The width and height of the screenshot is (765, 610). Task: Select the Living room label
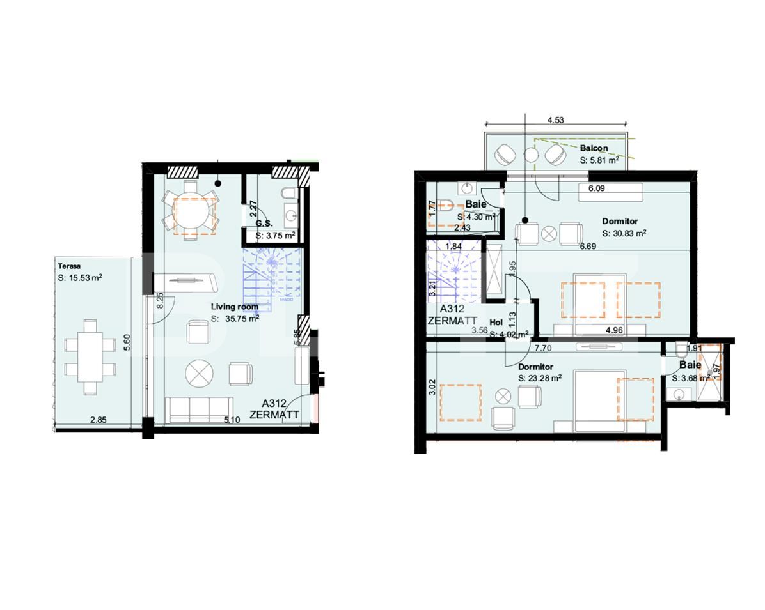pos(235,307)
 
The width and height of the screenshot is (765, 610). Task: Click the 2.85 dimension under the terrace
pos(98,420)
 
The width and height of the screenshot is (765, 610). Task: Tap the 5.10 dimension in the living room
pos(232,420)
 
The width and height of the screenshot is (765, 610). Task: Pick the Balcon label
pos(594,148)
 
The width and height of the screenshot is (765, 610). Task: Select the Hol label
pos(496,323)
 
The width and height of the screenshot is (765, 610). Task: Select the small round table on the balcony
pos(530,154)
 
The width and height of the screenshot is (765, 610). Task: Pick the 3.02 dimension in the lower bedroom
pos(432,388)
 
